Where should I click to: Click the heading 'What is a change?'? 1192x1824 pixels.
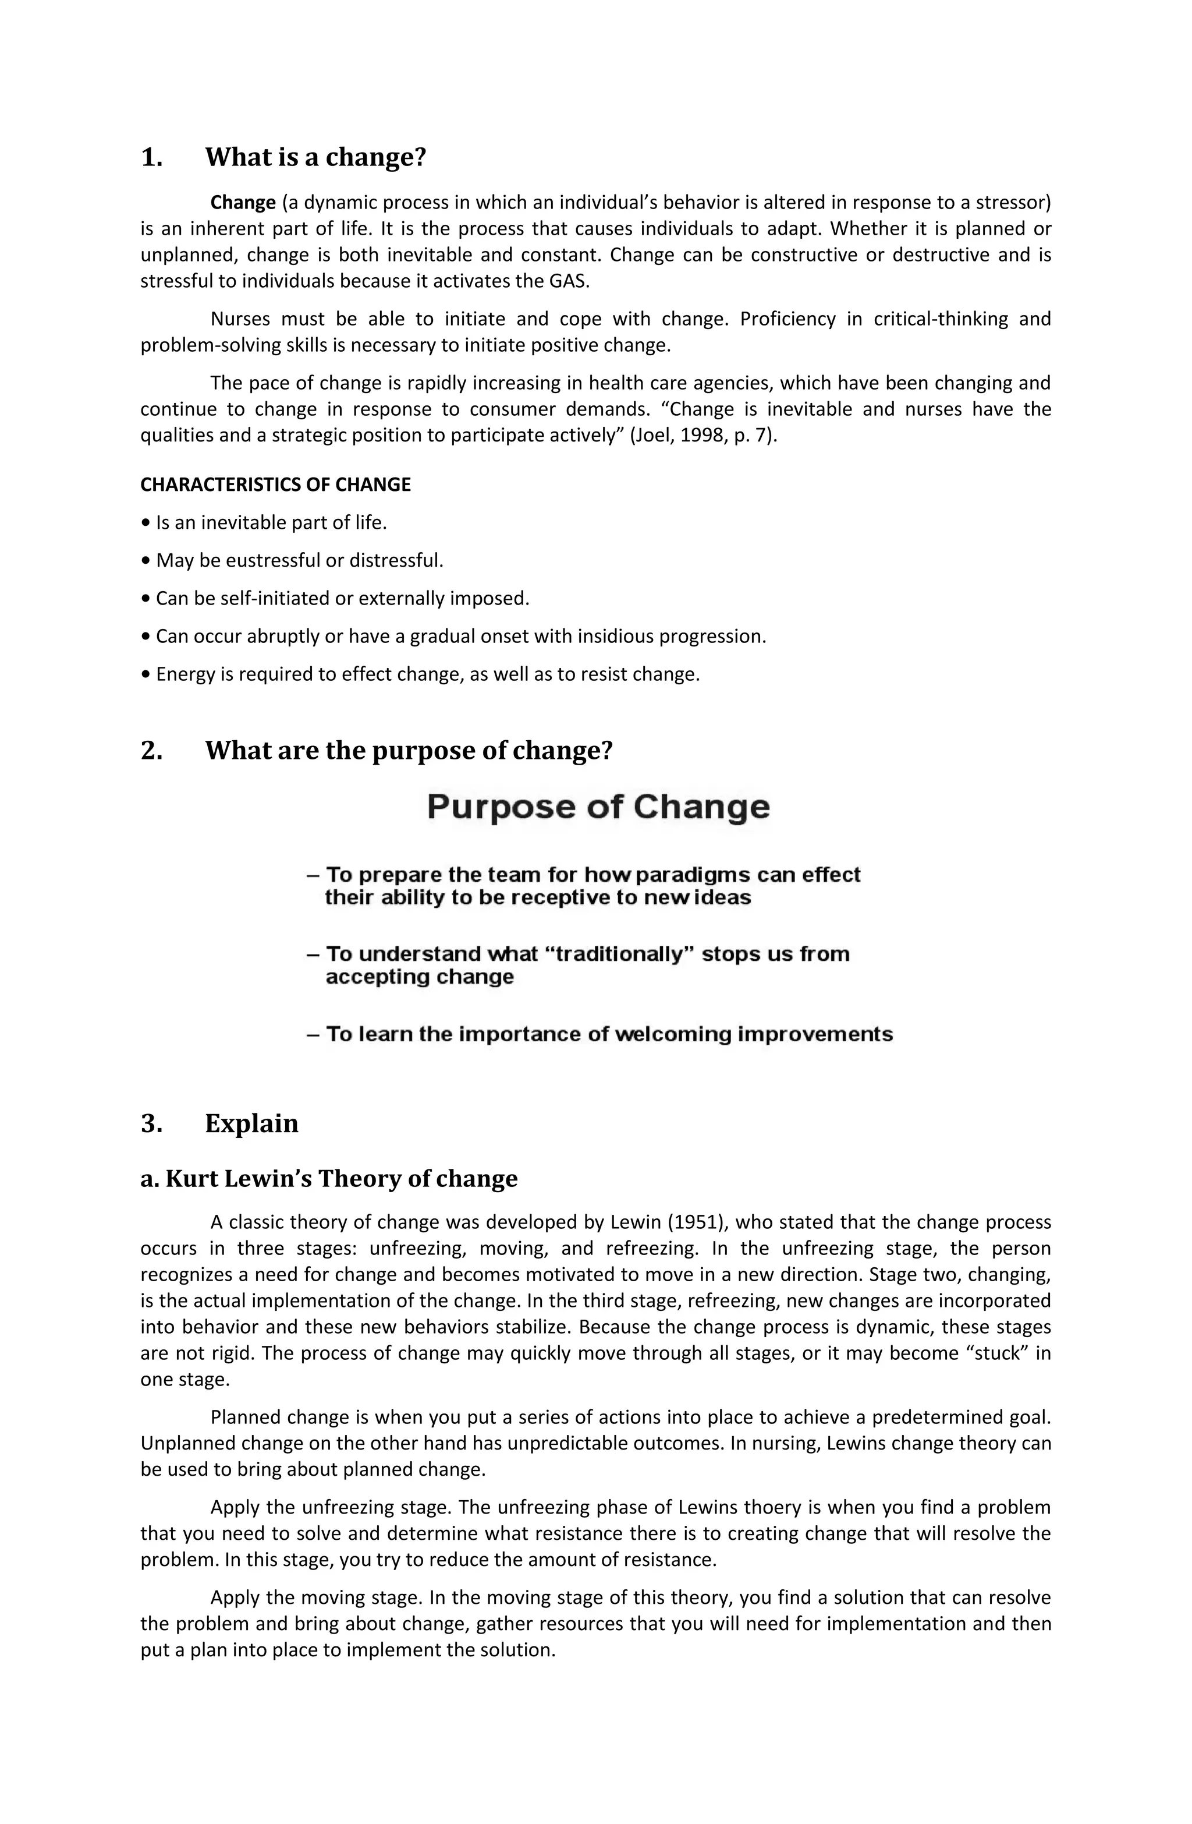coord(315,157)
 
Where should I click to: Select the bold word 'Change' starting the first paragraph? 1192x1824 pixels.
coord(243,203)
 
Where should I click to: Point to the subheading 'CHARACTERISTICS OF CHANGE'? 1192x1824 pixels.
coord(276,485)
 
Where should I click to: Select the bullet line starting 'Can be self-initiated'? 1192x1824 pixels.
coord(335,599)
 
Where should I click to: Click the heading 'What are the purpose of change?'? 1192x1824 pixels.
coord(409,750)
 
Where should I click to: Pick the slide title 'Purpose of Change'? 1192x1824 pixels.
coord(598,807)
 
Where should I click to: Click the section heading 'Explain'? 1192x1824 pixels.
coord(251,1123)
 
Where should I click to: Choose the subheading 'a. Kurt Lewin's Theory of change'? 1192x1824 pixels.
coord(329,1179)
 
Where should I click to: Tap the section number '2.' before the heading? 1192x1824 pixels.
coord(152,750)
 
